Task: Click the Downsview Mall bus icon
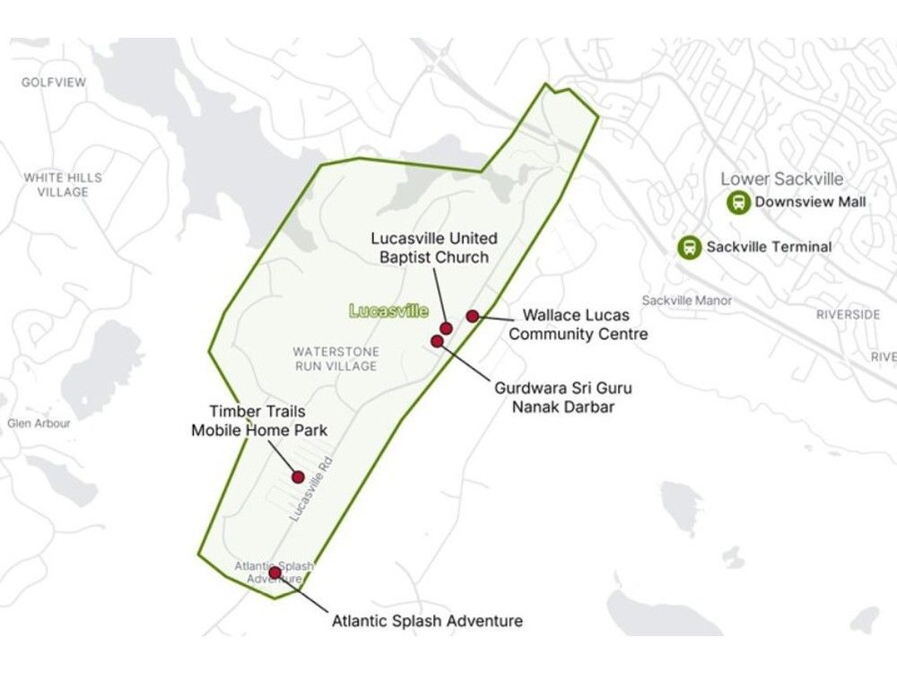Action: tap(738, 203)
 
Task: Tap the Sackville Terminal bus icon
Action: tap(690, 247)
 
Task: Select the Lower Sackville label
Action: tap(782, 179)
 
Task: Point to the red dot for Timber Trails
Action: tap(299, 477)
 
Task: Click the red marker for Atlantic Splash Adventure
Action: tap(274, 572)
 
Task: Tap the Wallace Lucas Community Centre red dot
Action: tap(472, 316)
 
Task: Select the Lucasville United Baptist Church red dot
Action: tap(446, 328)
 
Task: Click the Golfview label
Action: tap(54, 83)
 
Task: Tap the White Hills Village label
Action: tap(63, 185)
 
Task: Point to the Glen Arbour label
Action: tap(39, 423)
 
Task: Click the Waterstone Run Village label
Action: tap(335, 359)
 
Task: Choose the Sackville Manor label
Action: tap(686, 301)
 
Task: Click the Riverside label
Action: tap(848, 315)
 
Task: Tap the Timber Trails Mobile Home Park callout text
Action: tap(259, 422)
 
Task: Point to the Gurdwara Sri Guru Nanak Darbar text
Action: tap(562, 398)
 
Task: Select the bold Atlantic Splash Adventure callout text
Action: tap(427, 620)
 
